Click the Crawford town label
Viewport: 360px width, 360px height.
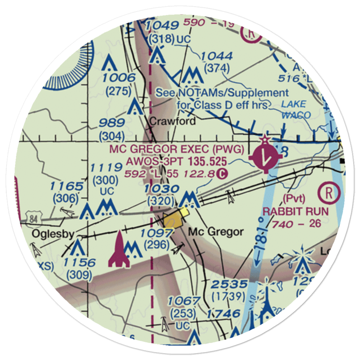[172, 121]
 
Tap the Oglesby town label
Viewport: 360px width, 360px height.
[53, 234]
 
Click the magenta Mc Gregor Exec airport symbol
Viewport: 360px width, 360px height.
[266, 156]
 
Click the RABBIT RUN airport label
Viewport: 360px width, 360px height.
[296, 211]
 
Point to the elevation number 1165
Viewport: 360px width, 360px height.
[66, 186]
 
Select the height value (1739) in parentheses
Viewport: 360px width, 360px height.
[229, 297]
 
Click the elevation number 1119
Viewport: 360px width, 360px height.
[105, 167]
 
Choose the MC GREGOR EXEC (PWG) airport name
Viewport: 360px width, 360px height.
[177, 149]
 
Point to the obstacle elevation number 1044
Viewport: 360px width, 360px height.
[217, 56]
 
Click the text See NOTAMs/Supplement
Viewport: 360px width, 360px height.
[222, 93]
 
